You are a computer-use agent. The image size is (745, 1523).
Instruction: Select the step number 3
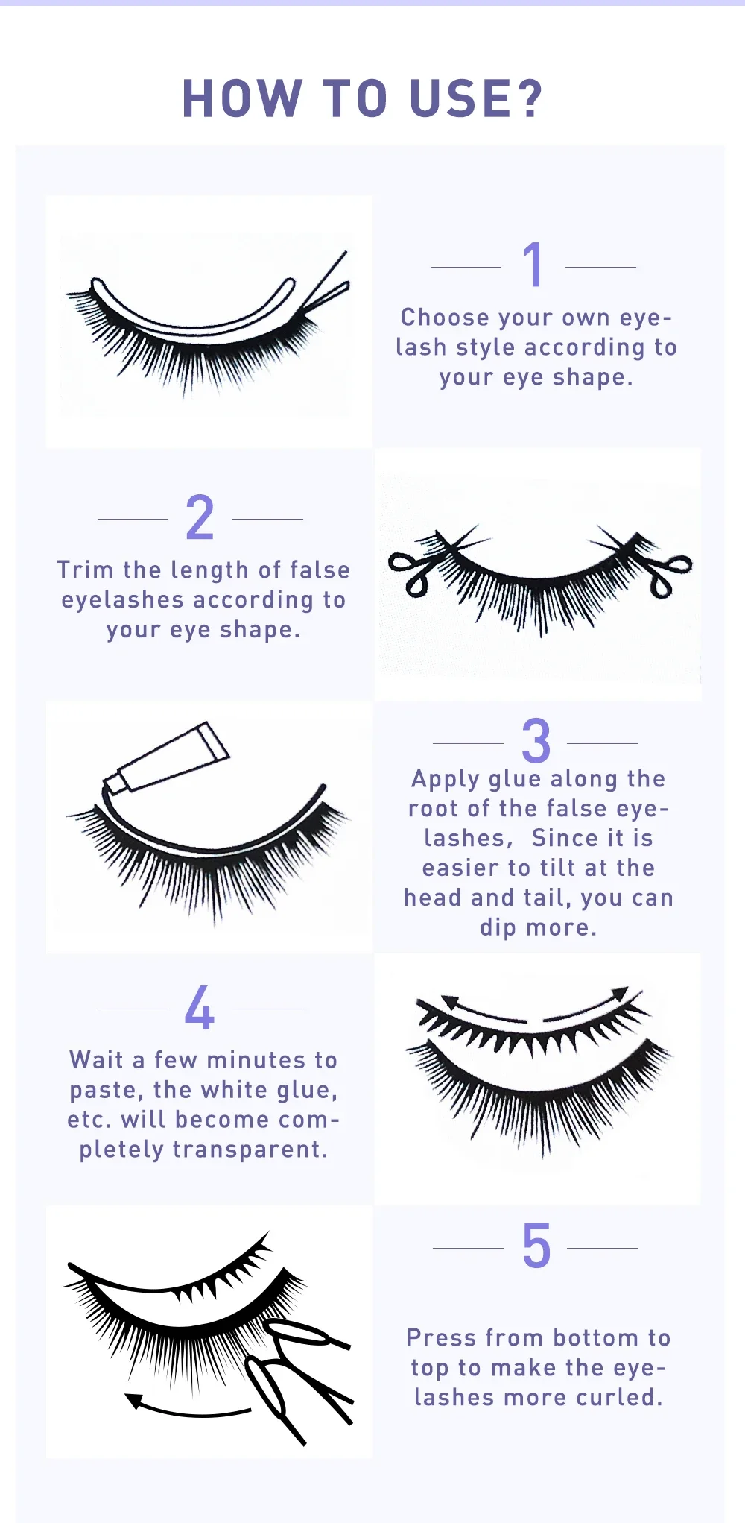[x=536, y=741]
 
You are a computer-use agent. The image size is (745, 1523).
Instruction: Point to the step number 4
[x=200, y=1007]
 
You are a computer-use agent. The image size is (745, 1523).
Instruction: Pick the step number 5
[x=536, y=1246]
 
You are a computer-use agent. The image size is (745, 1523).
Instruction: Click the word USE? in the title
[x=476, y=98]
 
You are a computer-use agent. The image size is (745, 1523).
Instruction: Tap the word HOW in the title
[x=242, y=98]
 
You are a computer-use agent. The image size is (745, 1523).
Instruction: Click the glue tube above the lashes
[x=167, y=757]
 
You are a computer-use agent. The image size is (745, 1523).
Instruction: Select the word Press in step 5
[x=441, y=1337]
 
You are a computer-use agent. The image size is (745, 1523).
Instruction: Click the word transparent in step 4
[x=250, y=1150]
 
